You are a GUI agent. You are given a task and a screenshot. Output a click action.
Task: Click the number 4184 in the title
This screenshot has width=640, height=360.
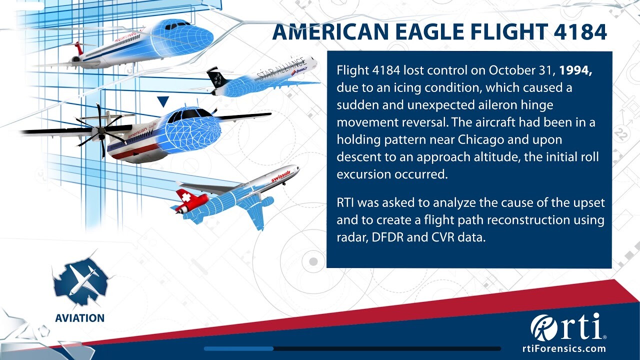(580, 31)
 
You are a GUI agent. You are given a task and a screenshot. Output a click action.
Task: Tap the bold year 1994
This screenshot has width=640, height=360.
(575, 70)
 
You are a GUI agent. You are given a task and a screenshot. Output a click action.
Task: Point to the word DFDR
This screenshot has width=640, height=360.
(387, 237)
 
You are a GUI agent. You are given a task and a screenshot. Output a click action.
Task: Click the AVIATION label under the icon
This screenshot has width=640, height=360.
(79, 318)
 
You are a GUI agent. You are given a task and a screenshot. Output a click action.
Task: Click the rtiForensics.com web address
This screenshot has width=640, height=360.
(564, 348)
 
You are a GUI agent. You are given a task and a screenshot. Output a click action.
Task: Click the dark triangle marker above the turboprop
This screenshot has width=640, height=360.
(163, 101)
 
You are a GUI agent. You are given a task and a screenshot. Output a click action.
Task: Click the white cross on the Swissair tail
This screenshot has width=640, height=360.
(185, 197)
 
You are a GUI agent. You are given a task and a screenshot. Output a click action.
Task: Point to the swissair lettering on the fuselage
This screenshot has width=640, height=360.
(280, 175)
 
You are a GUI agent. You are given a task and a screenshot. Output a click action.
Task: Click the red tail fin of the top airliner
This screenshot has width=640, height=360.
(79, 48)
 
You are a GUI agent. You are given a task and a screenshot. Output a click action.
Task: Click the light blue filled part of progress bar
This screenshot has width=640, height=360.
(238, 348)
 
